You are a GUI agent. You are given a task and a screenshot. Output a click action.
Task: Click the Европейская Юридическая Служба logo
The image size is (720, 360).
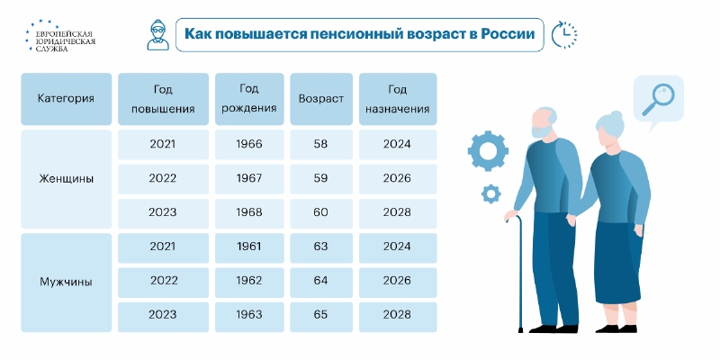(x=60, y=36)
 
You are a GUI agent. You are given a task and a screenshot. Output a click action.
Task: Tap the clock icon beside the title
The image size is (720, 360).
(x=564, y=34)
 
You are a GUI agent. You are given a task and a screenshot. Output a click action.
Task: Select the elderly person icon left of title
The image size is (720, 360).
(x=158, y=34)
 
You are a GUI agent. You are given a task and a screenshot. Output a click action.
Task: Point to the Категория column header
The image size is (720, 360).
(x=66, y=99)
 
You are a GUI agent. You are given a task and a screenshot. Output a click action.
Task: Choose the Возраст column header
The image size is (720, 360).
(x=321, y=99)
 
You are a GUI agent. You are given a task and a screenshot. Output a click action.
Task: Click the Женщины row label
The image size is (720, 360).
(x=66, y=178)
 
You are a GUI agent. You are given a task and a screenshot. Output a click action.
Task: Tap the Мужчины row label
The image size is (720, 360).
(x=66, y=282)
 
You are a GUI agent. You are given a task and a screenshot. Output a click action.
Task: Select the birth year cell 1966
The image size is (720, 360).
(x=249, y=144)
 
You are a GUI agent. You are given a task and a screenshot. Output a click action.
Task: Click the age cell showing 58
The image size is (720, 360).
(x=321, y=144)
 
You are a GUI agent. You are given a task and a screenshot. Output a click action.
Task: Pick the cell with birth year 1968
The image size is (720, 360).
(x=249, y=212)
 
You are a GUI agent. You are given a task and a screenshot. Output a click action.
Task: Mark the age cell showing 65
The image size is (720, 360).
(x=321, y=315)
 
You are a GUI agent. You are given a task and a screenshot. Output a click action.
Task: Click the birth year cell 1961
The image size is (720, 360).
(x=249, y=247)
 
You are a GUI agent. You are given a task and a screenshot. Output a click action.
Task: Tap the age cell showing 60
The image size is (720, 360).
(x=321, y=212)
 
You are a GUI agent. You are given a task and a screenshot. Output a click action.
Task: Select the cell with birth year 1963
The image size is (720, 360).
(x=249, y=315)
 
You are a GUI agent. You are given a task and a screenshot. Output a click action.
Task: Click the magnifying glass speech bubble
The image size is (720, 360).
(x=659, y=101)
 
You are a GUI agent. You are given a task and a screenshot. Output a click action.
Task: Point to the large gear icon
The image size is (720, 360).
(x=488, y=150)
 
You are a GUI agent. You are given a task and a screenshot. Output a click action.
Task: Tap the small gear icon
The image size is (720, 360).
(x=490, y=193)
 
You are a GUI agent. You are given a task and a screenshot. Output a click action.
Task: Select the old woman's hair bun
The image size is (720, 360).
(x=616, y=116)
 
